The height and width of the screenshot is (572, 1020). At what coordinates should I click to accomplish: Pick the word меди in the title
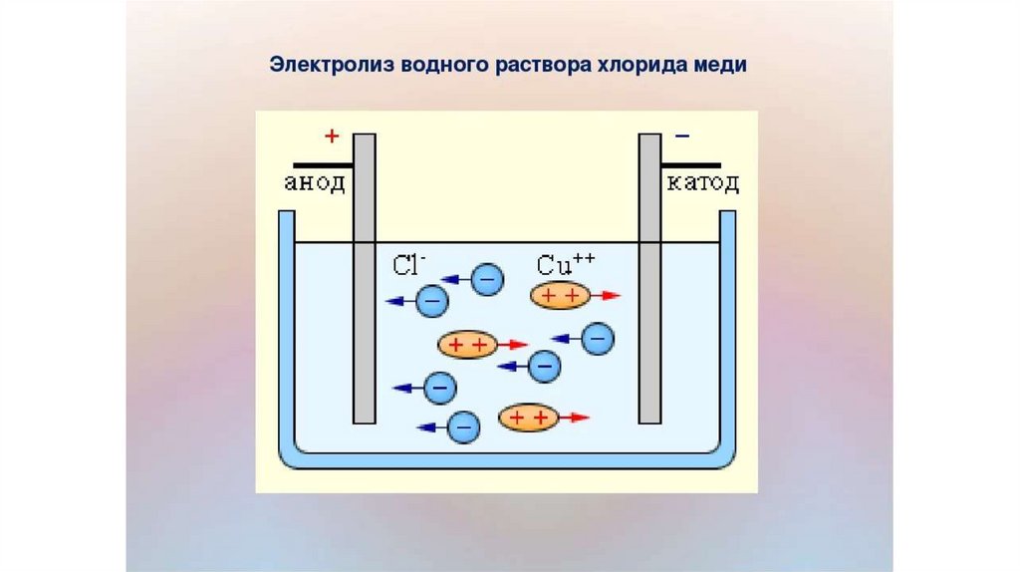point(721,66)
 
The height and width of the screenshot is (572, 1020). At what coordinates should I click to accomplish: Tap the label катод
point(702,183)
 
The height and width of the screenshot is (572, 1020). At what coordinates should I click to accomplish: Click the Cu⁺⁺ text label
point(565,265)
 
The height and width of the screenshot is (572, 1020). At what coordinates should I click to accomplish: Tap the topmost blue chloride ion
point(486,280)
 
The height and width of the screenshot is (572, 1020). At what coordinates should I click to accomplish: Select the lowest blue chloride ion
point(463,428)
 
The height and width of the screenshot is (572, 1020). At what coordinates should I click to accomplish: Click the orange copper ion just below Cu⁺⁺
point(560,296)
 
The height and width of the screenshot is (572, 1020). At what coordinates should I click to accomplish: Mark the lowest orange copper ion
point(528,418)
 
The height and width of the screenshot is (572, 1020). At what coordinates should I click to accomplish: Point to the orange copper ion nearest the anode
point(466,345)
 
